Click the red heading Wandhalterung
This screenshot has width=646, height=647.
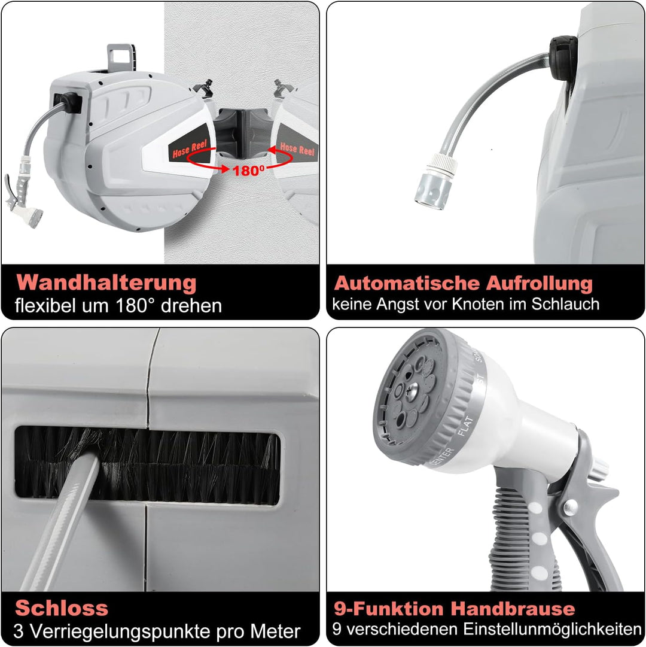coord(106,284)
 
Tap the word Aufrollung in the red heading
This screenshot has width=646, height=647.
coord(539,284)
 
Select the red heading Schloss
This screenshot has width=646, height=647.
coord(62,608)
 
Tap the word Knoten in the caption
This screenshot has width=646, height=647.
coord(478,304)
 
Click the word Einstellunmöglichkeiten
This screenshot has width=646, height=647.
coord(552,629)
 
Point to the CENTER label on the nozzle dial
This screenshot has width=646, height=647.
coord(441,456)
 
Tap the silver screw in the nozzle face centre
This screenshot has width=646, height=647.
coord(412,390)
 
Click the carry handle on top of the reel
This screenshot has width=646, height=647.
coord(121,58)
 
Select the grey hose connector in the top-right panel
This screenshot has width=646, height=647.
coord(435,181)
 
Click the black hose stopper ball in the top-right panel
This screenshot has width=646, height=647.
coord(563,58)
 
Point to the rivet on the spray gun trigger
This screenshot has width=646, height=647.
coord(571,507)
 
